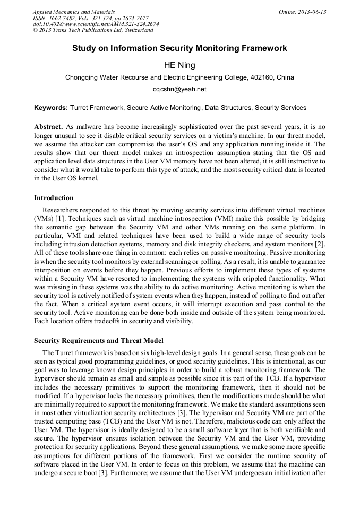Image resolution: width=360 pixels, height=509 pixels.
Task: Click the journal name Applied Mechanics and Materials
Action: click(x=74, y=12)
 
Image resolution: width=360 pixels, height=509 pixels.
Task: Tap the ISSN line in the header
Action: click(x=91, y=18)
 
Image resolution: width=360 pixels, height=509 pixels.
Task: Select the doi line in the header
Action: click(x=96, y=24)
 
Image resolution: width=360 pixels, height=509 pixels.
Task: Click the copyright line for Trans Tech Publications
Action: click(x=93, y=30)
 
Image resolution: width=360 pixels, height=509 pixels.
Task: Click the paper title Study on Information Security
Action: click(x=179, y=48)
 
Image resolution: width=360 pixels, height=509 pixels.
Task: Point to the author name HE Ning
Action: click(x=179, y=65)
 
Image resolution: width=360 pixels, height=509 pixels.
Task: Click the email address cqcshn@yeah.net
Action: click(x=179, y=89)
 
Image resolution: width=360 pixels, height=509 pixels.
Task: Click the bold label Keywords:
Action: click(x=51, y=108)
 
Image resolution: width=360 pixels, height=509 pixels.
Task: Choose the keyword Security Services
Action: click(x=280, y=108)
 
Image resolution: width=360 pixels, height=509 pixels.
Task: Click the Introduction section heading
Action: click(x=54, y=198)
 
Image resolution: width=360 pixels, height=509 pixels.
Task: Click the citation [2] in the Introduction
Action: click(x=321, y=244)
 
